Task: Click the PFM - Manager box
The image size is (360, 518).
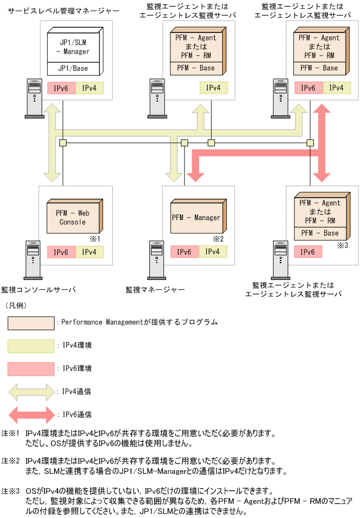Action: (x=196, y=218)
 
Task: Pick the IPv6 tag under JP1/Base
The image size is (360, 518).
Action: (x=61, y=88)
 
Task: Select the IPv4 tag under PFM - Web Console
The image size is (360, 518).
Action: (x=90, y=252)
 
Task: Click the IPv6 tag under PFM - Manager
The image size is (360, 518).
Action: (x=184, y=252)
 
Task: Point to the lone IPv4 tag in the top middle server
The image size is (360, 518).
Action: (x=213, y=88)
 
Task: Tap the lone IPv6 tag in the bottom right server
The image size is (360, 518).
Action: (x=308, y=252)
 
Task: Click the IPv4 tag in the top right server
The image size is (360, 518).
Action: (x=336, y=88)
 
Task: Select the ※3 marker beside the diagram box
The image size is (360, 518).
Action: (x=342, y=244)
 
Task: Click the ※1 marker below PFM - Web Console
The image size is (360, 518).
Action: (x=95, y=239)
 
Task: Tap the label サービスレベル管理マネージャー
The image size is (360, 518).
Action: (x=60, y=10)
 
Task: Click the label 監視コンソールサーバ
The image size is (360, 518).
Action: (x=38, y=289)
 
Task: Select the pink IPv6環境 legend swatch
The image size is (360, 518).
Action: (x=31, y=369)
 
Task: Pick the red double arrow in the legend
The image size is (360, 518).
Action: (x=31, y=414)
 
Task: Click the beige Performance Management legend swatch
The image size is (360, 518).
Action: (x=31, y=322)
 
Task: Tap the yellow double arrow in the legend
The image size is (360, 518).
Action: (x=31, y=391)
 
